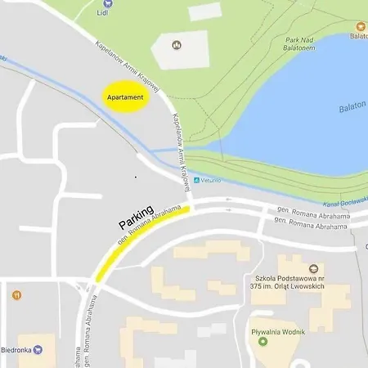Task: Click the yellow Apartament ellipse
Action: coord(125,97)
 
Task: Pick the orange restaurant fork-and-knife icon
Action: coord(16,294)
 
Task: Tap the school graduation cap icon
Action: coord(314,268)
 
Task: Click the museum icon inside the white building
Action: coord(177,44)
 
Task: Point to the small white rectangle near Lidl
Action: coord(205,11)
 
